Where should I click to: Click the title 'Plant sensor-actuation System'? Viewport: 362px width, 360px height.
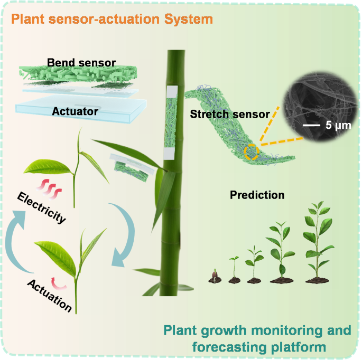point(112,20)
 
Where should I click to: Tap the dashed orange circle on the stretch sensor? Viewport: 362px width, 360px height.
point(251,152)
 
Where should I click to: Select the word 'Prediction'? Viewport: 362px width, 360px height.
point(257,195)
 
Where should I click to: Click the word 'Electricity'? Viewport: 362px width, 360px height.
point(41,208)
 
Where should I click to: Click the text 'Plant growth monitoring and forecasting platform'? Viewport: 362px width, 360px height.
point(257,339)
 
